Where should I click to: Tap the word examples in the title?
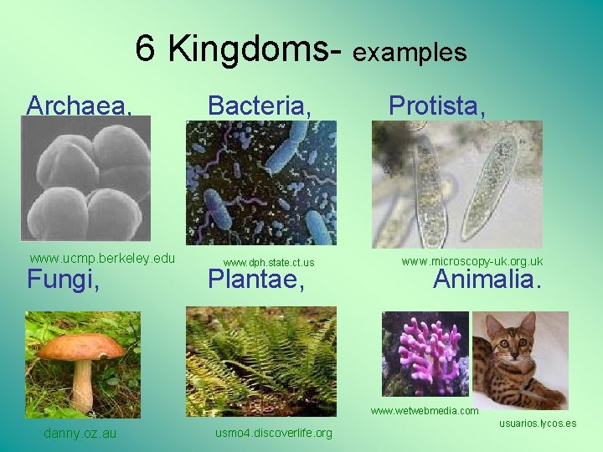[410, 53]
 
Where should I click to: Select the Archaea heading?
[80, 106]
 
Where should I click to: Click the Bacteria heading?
[260, 106]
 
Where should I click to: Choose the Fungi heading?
[64, 279]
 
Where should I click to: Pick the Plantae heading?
[255, 279]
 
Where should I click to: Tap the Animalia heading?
[487, 279]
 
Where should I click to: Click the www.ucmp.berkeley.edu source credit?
[102, 257]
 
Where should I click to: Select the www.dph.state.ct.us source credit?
[269, 263]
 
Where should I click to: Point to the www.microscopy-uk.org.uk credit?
[472, 261]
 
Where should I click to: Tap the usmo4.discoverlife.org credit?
[274, 433]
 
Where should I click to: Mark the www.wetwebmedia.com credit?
[425, 411]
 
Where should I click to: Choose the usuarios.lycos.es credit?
[538, 424]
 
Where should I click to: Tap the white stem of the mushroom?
[82, 385]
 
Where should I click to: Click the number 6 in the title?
[146, 51]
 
